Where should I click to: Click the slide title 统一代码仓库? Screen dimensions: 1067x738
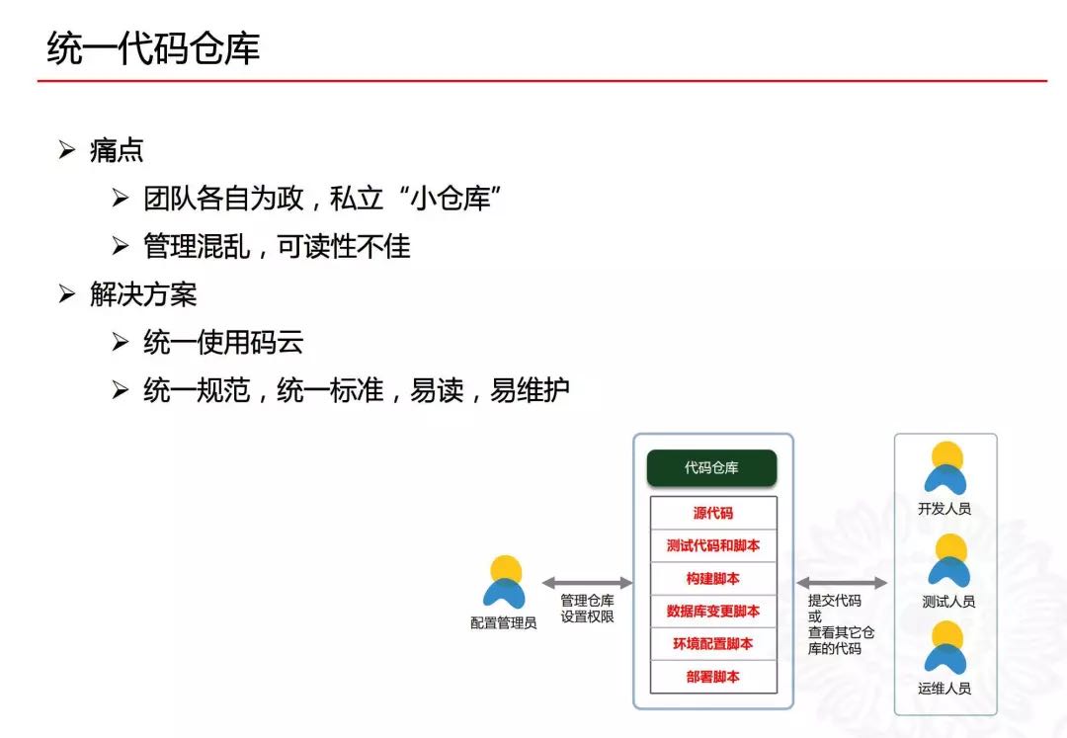153,48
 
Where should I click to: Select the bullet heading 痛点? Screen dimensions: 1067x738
117,150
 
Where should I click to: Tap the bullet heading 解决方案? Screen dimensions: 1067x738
143,294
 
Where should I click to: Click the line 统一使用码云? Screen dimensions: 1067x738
223,342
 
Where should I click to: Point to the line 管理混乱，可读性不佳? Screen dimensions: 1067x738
277,246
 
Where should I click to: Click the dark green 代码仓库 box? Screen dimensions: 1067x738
711,468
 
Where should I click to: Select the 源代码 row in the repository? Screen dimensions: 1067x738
713,513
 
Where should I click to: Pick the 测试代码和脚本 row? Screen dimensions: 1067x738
713,545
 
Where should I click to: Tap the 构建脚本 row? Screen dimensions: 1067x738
713,579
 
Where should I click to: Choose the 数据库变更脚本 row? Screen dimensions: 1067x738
713,612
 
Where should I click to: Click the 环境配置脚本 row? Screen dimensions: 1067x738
713,643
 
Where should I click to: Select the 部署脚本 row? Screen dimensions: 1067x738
713,677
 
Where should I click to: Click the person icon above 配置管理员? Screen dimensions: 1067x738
504,582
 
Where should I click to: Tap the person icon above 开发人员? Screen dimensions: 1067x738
945,468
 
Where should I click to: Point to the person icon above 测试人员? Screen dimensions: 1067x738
949,560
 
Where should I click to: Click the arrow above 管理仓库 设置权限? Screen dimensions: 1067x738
587,583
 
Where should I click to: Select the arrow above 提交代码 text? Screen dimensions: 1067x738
842,583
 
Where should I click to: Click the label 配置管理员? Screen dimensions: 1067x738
504,623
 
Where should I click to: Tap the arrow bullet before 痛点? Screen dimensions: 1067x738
67,149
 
